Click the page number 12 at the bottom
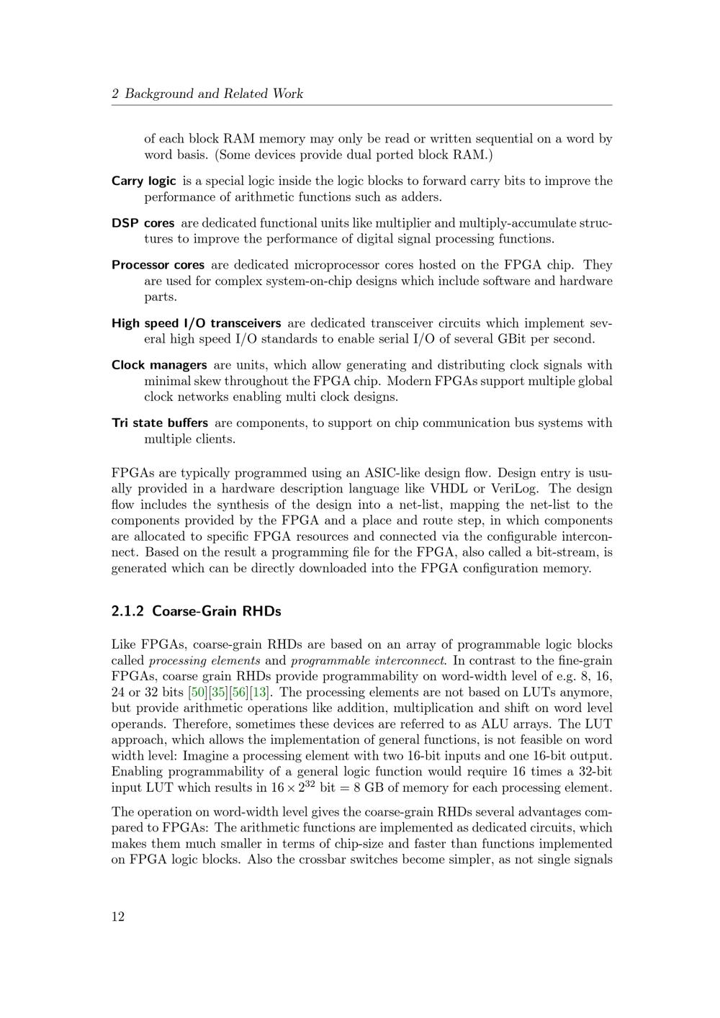[118, 916]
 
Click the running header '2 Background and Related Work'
[207, 94]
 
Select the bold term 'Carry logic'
[143, 181]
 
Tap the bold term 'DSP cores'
[143, 223]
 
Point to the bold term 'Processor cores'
[158, 265]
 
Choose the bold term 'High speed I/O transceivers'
[196, 323]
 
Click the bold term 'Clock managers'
[159, 365]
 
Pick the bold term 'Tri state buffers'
[160, 423]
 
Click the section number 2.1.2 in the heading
[127, 611]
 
